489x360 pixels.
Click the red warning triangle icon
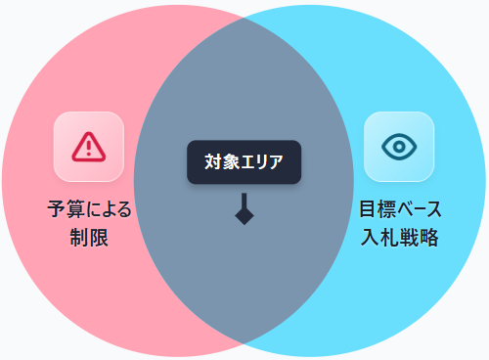pyautogui.click(x=89, y=148)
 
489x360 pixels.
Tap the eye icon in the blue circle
pyautogui.click(x=399, y=147)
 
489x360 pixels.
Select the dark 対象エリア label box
pyautogui.click(x=244, y=162)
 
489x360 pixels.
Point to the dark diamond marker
pyautogui.click(x=244, y=215)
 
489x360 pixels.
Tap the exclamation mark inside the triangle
pyautogui.click(x=89, y=148)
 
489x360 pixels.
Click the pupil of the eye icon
pyautogui.click(x=399, y=147)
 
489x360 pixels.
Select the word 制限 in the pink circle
pyautogui.click(x=89, y=238)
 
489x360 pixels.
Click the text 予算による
pyautogui.click(x=89, y=209)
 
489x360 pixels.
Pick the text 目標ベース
pyautogui.click(x=400, y=208)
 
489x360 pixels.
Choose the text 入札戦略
pyautogui.click(x=400, y=237)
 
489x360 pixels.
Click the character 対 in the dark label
pyautogui.click(x=213, y=161)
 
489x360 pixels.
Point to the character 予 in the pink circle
pyautogui.click(x=58, y=209)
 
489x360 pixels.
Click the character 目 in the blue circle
pyautogui.click(x=369, y=208)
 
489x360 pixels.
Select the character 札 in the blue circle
pyautogui.click(x=389, y=237)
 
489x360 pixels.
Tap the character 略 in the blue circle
pyautogui.click(x=429, y=237)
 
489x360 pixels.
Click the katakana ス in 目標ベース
pyautogui.click(x=433, y=209)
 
